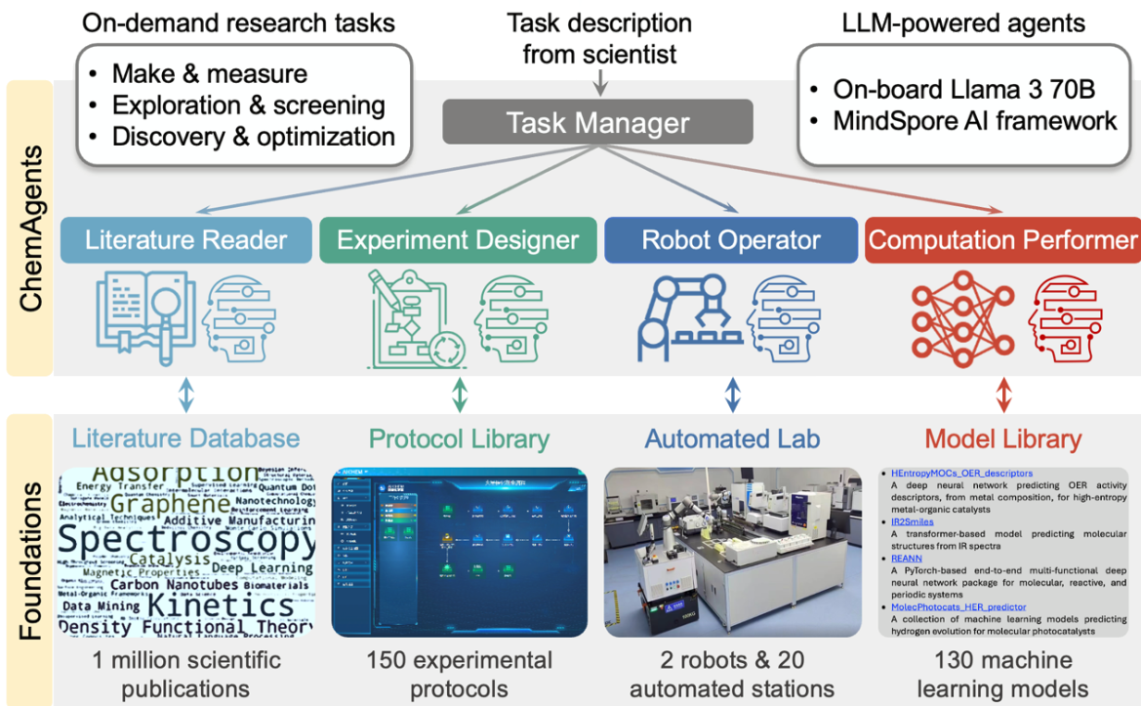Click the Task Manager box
[x=597, y=123]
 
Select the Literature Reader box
[x=185, y=240]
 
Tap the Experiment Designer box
[x=458, y=240]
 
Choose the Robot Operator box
[x=731, y=240]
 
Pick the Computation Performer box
[x=1002, y=240]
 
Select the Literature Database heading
[x=185, y=438]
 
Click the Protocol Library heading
[x=459, y=438]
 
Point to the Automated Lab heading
[x=730, y=438]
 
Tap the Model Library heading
[x=1002, y=438]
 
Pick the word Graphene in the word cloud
[x=172, y=505]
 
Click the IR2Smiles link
[x=914, y=521]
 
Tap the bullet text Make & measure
[x=209, y=73]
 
